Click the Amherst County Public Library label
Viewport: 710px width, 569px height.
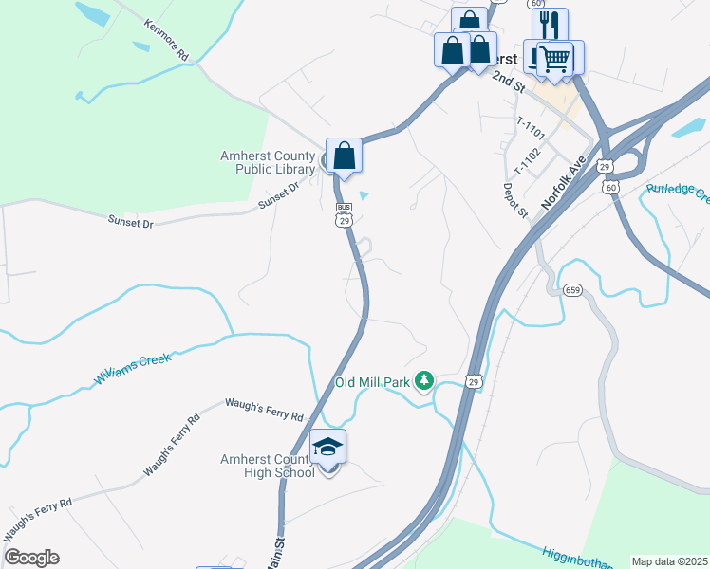pyautogui.click(x=268, y=163)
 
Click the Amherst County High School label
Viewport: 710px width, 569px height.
pyautogui.click(x=268, y=466)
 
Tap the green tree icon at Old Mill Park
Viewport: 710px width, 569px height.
pyautogui.click(x=424, y=381)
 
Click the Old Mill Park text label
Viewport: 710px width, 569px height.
pyautogui.click(x=371, y=383)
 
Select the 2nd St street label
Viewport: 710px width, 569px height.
pyautogui.click(x=508, y=82)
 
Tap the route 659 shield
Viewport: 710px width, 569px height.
pyautogui.click(x=571, y=289)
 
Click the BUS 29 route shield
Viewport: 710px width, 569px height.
pyautogui.click(x=344, y=213)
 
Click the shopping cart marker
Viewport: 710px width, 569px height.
pyautogui.click(x=556, y=59)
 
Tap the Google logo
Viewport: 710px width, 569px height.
pyautogui.click(x=31, y=558)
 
